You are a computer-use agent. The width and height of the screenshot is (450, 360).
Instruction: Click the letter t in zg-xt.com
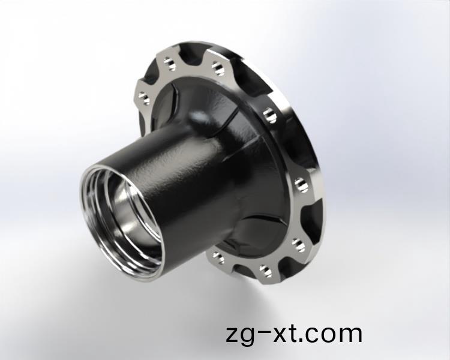point(292,333)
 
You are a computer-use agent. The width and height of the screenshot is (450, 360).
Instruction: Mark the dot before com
point(301,340)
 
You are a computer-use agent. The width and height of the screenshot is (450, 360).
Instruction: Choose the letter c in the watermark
point(311,334)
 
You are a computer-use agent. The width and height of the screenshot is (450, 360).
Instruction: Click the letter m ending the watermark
point(349,334)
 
